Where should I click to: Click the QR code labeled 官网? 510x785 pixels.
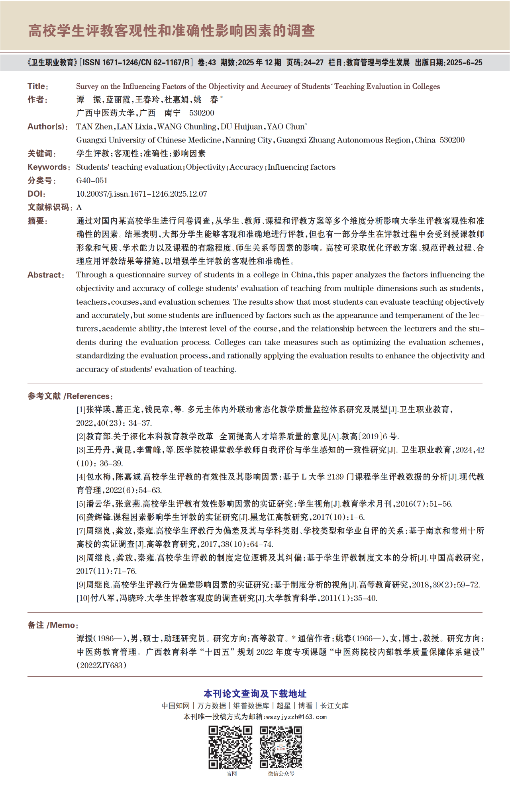(231, 747)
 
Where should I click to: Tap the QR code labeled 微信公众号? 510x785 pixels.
(281, 747)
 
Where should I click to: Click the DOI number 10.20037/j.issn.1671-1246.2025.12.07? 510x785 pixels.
(141, 194)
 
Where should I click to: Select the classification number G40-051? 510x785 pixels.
(92, 180)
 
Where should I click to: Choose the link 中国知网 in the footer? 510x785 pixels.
(175, 706)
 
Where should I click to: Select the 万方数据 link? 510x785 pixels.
(212, 706)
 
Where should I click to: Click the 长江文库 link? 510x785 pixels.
(334, 706)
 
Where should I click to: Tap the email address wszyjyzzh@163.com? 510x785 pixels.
(296, 717)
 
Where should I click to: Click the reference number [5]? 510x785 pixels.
(81, 504)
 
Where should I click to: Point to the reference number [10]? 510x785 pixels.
(83, 598)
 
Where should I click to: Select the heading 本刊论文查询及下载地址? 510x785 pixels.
(255, 694)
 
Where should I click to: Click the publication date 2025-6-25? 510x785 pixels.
(464, 63)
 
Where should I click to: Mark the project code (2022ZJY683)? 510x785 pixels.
(101, 666)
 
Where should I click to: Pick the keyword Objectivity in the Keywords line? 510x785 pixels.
(206, 167)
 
